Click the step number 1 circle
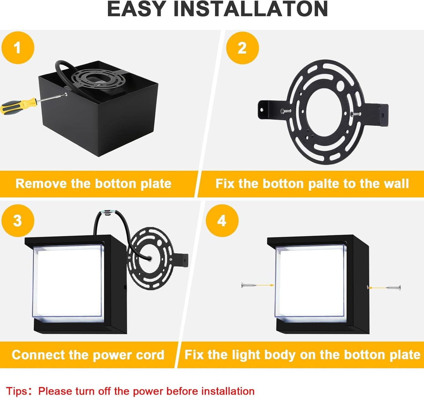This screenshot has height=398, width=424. [x=18, y=48]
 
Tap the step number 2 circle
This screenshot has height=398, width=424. [x=242, y=48]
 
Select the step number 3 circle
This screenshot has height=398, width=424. [x=18, y=221]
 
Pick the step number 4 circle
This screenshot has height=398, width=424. [x=222, y=221]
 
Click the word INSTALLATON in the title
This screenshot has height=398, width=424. [x=251, y=9]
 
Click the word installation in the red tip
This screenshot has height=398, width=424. [x=228, y=391]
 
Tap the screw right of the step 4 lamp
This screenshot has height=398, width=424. [x=393, y=288]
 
